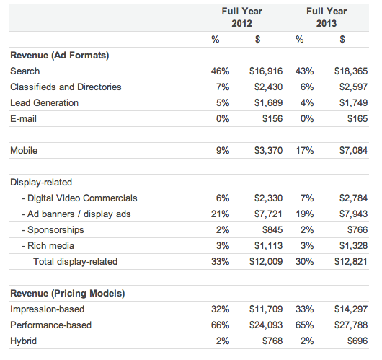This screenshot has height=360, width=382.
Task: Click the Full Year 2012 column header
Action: [x=241, y=17]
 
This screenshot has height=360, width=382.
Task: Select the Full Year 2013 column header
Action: [x=327, y=17]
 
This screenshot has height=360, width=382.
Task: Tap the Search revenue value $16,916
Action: [x=266, y=71]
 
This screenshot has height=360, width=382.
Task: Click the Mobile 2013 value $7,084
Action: [x=353, y=151]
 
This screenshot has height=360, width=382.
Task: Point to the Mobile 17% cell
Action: [x=305, y=151]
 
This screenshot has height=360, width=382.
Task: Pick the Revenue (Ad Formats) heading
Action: [x=59, y=56]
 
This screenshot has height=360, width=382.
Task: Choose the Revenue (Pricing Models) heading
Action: [x=68, y=293]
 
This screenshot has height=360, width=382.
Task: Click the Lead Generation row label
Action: [x=45, y=103]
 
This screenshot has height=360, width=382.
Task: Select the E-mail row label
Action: [x=23, y=119]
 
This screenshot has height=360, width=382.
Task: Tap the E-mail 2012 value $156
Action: [x=272, y=119]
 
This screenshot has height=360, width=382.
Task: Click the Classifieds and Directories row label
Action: [x=66, y=87]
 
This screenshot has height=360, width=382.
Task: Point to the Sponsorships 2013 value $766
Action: [x=357, y=229]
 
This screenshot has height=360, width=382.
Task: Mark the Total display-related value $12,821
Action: [x=351, y=261]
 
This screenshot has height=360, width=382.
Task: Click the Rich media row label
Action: [x=48, y=245]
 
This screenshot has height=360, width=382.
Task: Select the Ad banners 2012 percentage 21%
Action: [x=221, y=214]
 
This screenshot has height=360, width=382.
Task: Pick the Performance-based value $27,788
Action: [x=351, y=325]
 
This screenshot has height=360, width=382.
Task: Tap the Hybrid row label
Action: [x=23, y=341]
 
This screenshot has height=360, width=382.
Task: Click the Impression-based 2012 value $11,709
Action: [x=266, y=309]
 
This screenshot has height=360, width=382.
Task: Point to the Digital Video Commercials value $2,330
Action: [x=268, y=198]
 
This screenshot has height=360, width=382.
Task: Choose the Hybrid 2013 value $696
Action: [x=357, y=341]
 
